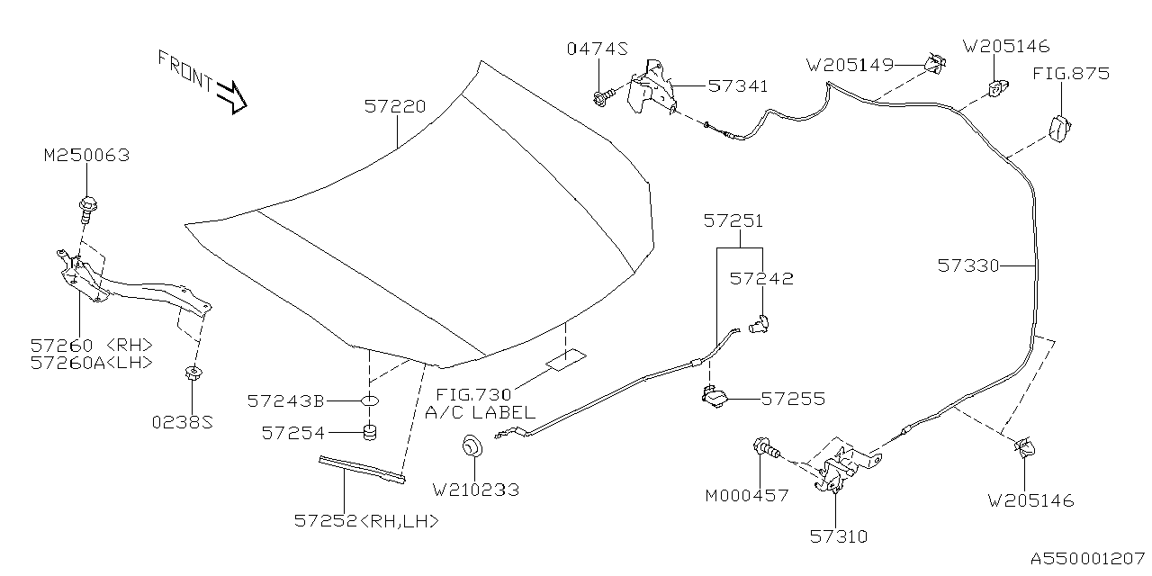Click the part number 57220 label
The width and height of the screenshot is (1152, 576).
(395, 106)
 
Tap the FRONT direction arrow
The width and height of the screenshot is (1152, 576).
(231, 95)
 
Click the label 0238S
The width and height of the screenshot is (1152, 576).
(183, 422)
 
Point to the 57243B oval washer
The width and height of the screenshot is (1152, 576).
(369, 400)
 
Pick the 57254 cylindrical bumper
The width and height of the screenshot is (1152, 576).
(369, 434)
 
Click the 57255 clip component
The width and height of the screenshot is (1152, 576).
(715, 395)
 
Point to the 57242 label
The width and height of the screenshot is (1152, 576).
(761, 279)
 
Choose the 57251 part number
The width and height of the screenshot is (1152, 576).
(733, 220)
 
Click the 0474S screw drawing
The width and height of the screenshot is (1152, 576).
(605, 94)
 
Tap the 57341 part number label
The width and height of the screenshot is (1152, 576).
(737, 86)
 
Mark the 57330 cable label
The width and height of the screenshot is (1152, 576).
(968, 265)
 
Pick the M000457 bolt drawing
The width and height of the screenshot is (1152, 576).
(766, 447)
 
